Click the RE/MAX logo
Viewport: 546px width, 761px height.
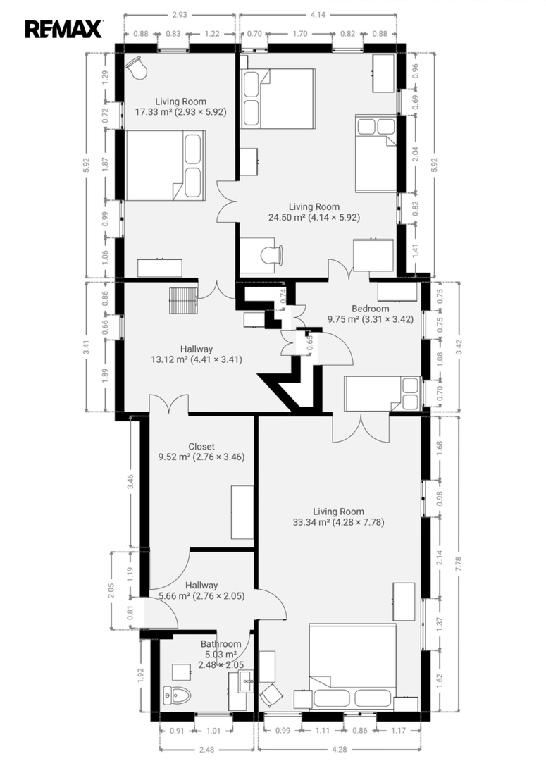(x=63, y=29)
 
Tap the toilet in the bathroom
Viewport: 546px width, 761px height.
(x=177, y=695)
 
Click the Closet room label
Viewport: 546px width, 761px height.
(x=201, y=447)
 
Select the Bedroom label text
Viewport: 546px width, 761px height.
(x=371, y=309)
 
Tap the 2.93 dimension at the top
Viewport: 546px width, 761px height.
(x=180, y=15)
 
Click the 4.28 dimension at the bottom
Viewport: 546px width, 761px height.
(x=340, y=749)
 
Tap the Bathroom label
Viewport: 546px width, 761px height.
(x=221, y=644)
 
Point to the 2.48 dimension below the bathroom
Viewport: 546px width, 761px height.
(x=206, y=749)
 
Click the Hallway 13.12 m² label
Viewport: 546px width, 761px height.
(x=197, y=354)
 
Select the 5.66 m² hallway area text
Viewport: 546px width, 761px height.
(x=174, y=596)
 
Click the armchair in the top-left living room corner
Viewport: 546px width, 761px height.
(x=137, y=68)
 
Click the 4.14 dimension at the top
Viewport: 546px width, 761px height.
(x=318, y=15)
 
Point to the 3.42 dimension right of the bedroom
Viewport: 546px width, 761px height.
(x=459, y=347)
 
